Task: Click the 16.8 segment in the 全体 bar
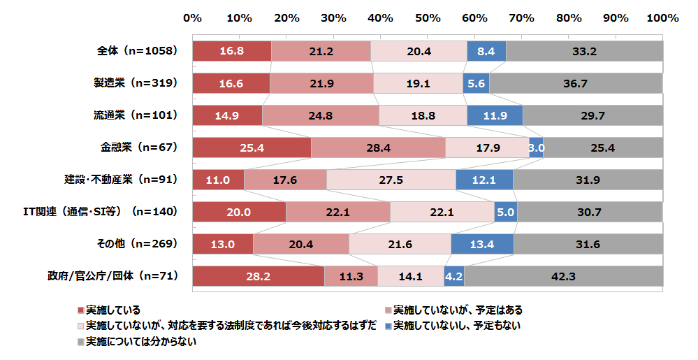click(231, 51)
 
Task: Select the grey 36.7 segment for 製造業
click(575, 83)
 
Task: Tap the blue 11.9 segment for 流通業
click(495, 115)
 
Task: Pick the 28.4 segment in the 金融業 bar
click(378, 147)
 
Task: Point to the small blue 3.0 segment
click(536, 147)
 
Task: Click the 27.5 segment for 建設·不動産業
click(391, 180)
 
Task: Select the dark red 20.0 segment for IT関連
click(239, 212)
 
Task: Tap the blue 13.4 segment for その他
click(482, 244)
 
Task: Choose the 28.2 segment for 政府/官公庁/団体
click(258, 276)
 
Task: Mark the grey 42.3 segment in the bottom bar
click(563, 276)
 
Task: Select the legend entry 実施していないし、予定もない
click(457, 326)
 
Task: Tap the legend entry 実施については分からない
click(140, 342)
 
